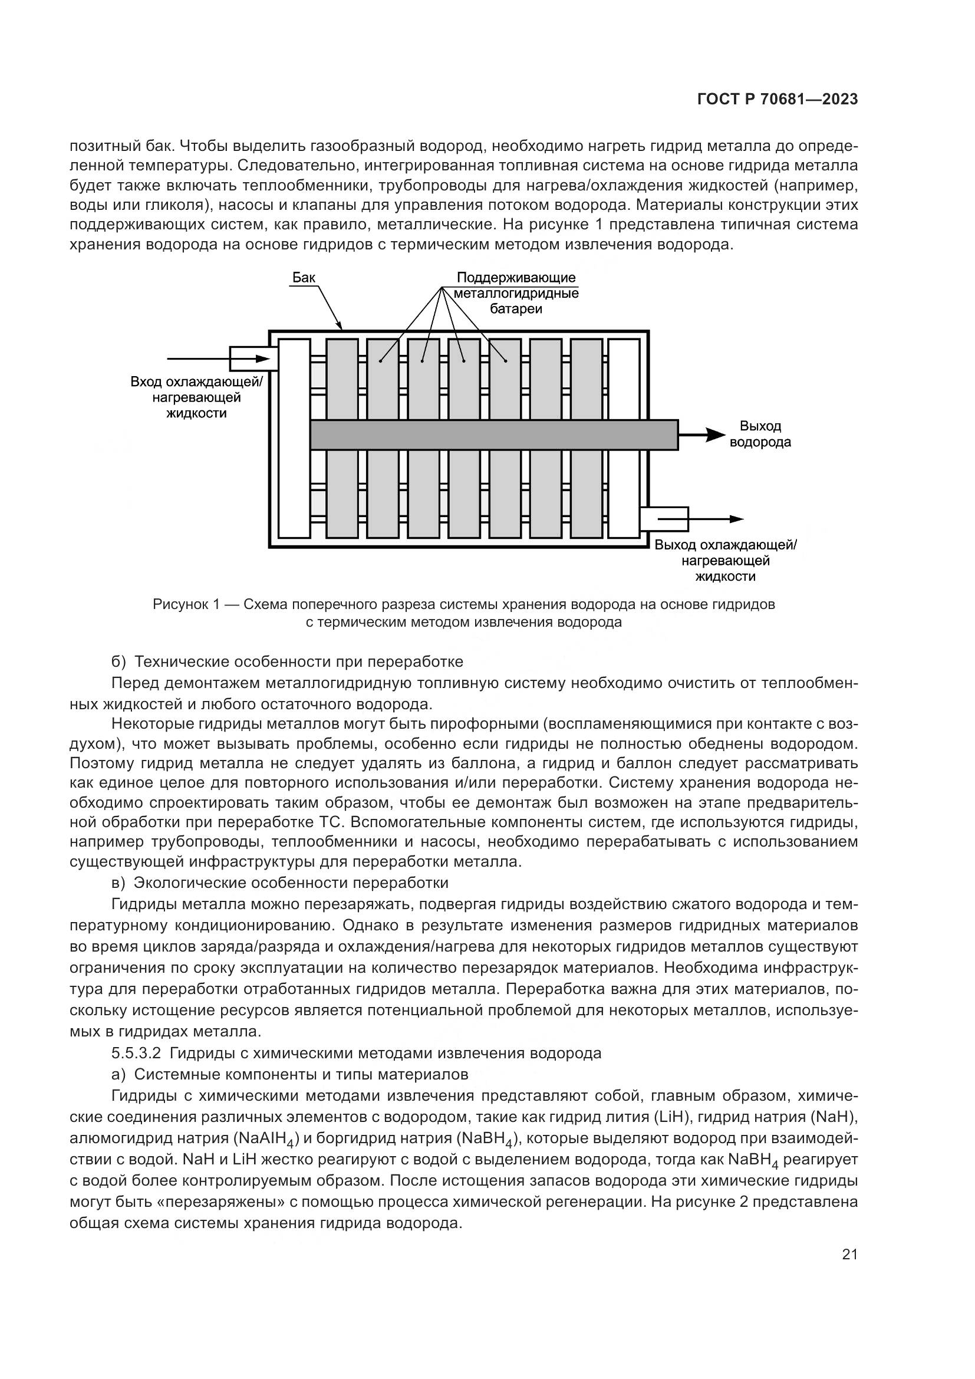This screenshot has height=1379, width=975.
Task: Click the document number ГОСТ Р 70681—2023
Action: (x=777, y=100)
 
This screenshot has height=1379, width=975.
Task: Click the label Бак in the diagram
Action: (x=304, y=278)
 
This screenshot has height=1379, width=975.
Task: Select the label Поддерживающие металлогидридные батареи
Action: (x=516, y=293)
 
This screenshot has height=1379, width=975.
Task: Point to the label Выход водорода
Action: (x=759, y=435)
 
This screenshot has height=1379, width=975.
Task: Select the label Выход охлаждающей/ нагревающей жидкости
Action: (x=725, y=560)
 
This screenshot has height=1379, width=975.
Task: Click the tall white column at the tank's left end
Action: (x=294, y=439)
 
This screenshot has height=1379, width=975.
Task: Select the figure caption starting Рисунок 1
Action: (x=463, y=613)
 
